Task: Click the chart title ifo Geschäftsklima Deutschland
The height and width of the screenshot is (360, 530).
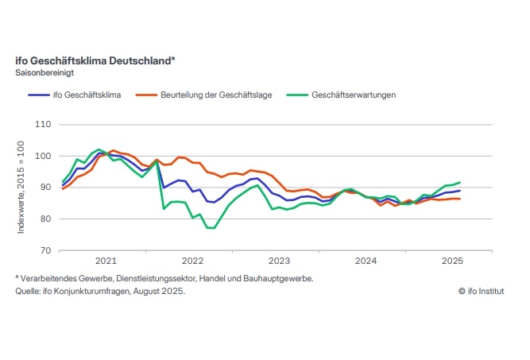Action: (x=95, y=60)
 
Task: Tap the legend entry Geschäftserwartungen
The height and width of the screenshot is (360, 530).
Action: (x=354, y=95)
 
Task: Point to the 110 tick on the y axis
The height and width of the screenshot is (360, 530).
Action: (x=44, y=126)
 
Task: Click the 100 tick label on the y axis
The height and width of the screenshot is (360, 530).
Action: (x=44, y=157)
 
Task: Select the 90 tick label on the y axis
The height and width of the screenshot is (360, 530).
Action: (x=46, y=188)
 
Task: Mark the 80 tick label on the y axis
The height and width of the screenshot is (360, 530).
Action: (x=46, y=219)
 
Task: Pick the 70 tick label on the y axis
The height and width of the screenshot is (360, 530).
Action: (x=46, y=250)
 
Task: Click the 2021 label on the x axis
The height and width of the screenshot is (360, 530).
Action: (x=106, y=261)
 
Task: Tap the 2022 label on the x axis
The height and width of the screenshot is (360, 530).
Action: (x=192, y=261)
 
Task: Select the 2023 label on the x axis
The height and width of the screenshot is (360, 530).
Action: (x=279, y=261)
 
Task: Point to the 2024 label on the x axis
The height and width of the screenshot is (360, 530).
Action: (x=366, y=261)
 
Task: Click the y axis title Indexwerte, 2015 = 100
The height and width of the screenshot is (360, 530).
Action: (x=21, y=188)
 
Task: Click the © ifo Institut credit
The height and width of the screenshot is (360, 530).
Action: (x=482, y=292)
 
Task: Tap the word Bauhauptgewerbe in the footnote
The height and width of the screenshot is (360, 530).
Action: (x=283, y=279)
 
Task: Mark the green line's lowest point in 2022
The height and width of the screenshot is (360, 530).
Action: (x=211, y=228)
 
